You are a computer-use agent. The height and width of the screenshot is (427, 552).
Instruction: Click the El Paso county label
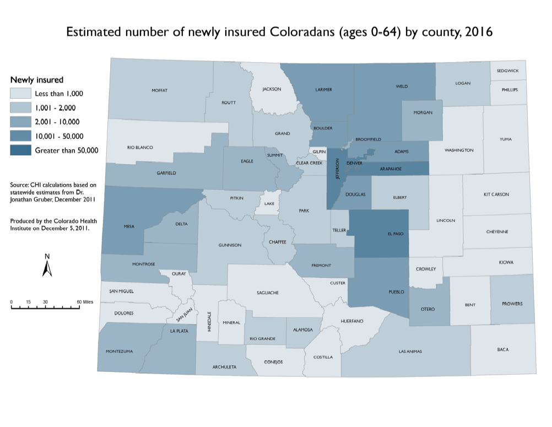pos(396,234)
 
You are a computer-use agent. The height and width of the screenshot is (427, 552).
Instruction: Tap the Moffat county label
pos(160,90)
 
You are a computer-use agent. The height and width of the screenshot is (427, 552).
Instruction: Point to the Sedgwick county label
pos(507,71)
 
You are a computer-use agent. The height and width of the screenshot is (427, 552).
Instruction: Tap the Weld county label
pos(401,86)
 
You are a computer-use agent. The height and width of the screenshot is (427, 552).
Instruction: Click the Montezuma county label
pos(120,351)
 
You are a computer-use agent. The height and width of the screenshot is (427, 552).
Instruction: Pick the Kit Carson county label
pos(496,194)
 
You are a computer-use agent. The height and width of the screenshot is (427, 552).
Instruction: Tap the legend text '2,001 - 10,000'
pos(57,122)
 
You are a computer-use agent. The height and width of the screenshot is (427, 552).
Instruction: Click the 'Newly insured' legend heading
pos(37,80)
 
